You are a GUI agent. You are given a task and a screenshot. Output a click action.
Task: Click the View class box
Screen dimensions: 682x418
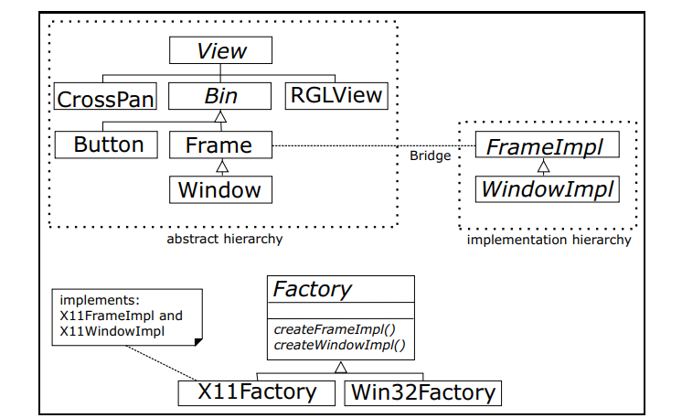click(x=220, y=50)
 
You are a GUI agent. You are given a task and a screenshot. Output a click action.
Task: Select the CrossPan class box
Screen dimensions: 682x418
click(x=105, y=96)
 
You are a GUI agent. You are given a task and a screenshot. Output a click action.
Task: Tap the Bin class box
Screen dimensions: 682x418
click(x=219, y=96)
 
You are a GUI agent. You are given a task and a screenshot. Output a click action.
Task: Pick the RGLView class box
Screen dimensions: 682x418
click(x=336, y=96)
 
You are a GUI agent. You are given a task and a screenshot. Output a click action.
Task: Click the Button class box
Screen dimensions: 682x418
click(x=106, y=145)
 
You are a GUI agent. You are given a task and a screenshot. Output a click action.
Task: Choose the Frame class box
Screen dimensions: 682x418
click(x=220, y=145)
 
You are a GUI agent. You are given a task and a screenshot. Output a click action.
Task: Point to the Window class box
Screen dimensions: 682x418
click(x=220, y=189)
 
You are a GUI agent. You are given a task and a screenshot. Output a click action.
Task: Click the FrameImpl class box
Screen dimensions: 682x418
click(x=548, y=145)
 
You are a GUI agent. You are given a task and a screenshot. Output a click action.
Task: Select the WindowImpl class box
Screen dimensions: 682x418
click(x=548, y=189)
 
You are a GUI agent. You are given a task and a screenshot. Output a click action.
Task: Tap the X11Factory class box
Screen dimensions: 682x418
click(x=257, y=393)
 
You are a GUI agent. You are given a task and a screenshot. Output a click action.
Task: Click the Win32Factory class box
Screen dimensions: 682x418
click(x=422, y=393)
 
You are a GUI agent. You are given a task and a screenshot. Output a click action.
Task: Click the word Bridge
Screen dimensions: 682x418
click(x=431, y=155)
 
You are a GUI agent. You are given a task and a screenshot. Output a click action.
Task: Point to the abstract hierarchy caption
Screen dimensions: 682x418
click(x=224, y=239)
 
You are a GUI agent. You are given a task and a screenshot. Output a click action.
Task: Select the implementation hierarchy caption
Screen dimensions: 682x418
click(x=549, y=240)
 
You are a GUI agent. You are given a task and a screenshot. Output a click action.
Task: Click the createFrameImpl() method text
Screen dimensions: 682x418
click(x=335, y=329)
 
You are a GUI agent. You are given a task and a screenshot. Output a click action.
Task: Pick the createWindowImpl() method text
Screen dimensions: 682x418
click(x=340, y=345)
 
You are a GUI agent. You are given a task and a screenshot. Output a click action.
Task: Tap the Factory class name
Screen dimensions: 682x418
click(x=312, y=289)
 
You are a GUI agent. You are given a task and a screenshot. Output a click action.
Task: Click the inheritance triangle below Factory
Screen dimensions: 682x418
click(x=341, y=368)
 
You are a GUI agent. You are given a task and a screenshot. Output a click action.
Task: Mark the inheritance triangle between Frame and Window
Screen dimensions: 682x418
click(x=222, y=166)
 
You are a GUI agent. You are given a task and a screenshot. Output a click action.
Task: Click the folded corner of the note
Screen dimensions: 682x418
click(x=198, y=342)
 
